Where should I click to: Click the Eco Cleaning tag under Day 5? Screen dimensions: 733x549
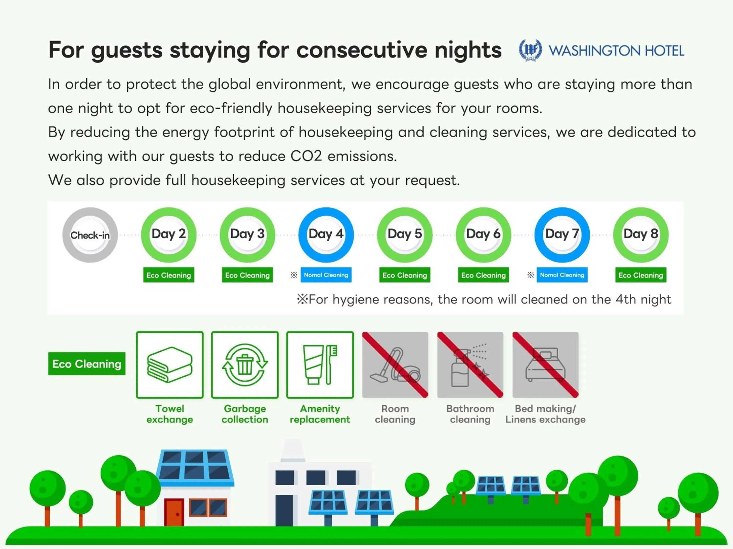coord(405,275)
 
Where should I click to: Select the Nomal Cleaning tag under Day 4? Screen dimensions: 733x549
coord(326,275)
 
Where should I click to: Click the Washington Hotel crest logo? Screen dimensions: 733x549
coord(530,50)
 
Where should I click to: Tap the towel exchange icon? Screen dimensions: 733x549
coord(170,365)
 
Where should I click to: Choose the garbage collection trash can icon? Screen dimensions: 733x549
coord(245,365)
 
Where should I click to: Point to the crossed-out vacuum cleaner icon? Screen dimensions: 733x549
coord(395,365)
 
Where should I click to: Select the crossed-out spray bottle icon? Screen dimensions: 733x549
coord(470,365)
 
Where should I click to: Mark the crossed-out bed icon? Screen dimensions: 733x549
coord(545,365)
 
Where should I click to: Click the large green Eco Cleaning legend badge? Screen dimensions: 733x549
coord(87,364)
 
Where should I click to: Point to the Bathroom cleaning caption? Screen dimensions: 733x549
coord(470,414)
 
